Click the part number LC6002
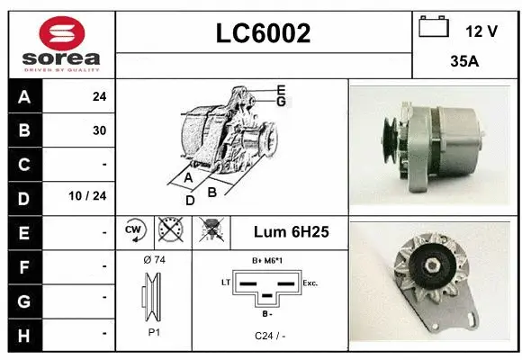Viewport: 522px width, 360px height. click(264, 33)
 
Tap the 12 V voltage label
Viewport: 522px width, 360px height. click(481, 31)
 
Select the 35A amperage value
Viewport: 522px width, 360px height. click(464, 63)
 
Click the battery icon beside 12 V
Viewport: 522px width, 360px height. click(434, 28)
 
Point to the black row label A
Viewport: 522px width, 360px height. click(23, 96)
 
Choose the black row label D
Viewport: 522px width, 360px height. click(23, 197)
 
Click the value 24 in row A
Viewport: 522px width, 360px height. click(99, 96)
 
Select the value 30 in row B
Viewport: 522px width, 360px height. click(99, 130)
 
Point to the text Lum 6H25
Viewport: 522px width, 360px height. click(290, 232)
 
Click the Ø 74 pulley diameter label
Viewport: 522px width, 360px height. click(154, 259)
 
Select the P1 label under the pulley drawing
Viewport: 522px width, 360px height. click(154, 332)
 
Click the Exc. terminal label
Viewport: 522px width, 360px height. click(310, 283)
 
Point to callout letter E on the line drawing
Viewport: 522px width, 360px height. click(282, 89)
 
